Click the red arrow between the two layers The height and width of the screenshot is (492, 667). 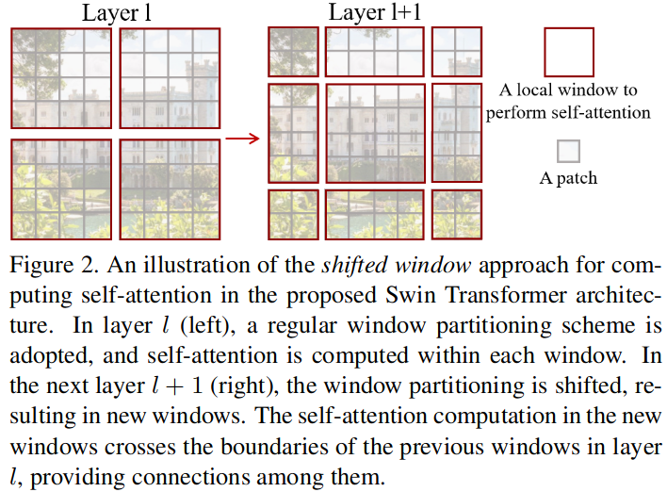(x=242, y=139)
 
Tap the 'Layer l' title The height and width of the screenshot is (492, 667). (x=117, y=13)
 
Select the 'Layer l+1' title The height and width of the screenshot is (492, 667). (x=375, y=13)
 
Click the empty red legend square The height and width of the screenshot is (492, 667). (x=569, y=53)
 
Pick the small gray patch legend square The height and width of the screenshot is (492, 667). (x=568, y=151)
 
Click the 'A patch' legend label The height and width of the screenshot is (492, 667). (x=568, y=178)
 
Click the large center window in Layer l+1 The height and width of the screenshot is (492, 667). (x=375, y=133)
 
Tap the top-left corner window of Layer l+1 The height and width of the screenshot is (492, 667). (x=293, y=52)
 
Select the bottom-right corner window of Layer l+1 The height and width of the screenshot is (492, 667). (x=457, y=215)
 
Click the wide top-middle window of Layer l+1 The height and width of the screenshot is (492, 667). (x=375, y=52)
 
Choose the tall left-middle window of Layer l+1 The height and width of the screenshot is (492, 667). (x=293, y=133)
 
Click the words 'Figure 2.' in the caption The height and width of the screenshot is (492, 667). (x=54, y=266)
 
